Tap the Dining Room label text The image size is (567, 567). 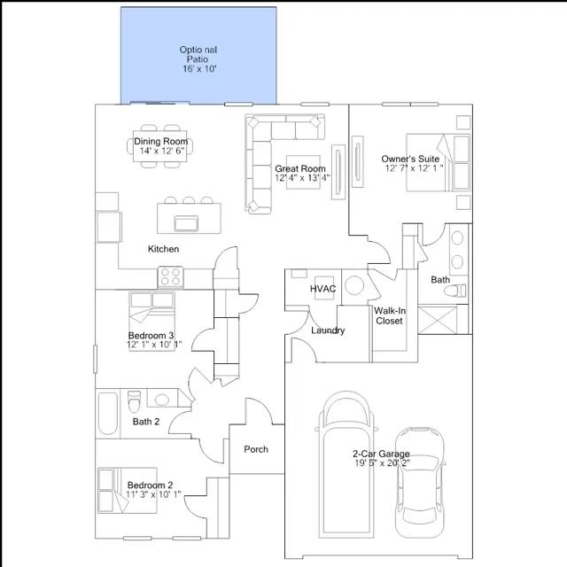(x=161, y=142)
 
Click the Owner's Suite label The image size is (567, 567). (x=410, y=159)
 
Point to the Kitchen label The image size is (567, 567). (x=163, y=249)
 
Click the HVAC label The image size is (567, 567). (x=321, y=289)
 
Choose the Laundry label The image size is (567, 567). (x=328, y=330)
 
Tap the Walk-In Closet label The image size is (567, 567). (x=389, y=315)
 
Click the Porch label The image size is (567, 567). (x=256, y=449)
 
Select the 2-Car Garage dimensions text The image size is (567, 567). (x=381, y=462)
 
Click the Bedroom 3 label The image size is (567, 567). (x=151, y=336)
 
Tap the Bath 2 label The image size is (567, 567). (x=146, y=422)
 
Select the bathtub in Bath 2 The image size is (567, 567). (x=107, y=413)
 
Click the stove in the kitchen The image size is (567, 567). (x=169, y=277)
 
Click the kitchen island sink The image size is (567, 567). (x=187, y=221)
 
